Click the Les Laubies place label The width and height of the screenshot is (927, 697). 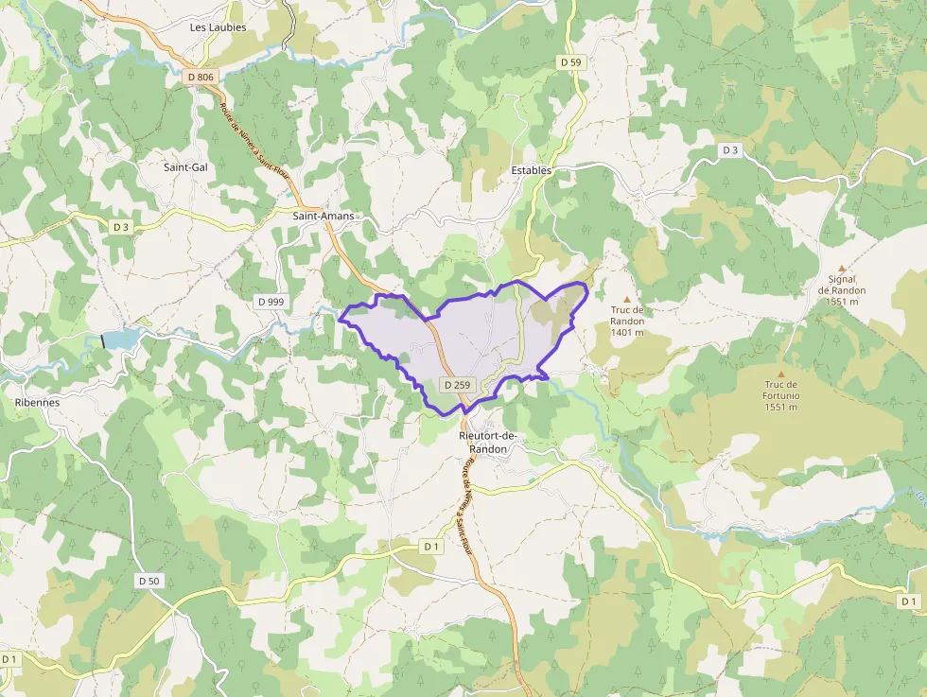(x=218, y=27)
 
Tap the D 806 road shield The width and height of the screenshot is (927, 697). (x=201, y=77)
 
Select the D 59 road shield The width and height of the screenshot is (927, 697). (x=570, y=61)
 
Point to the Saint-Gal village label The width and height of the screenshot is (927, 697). (x=185, y=167)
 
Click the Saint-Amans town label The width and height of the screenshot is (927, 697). (x=324, y=216)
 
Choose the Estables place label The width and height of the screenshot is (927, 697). (x=531, y=170)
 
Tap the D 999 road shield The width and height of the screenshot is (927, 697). (x=270, y=301)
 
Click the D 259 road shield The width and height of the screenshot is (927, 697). (x=457, y=385)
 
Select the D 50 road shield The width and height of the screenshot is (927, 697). (x=149, y=581)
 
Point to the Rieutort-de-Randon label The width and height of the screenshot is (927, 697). (x=488, y=442)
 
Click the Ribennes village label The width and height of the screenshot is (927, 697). (x=37, y=402)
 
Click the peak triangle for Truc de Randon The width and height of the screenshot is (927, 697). (x=626, y=299)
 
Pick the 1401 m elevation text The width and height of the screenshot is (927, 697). (x=627, y=333)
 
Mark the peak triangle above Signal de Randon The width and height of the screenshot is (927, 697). (x=841, y=269)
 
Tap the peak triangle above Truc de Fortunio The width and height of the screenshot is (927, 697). (x=780, y=374)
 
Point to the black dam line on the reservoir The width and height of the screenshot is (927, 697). (x=102, y=340)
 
